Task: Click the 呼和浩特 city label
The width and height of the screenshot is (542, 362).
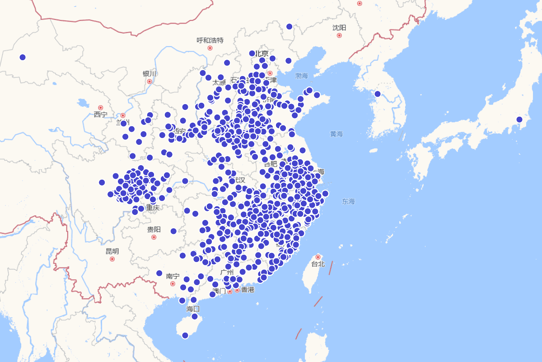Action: (210, 40)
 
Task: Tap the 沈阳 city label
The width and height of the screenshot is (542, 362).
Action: (339, 28)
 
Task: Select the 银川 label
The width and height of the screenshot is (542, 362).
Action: (149, 74)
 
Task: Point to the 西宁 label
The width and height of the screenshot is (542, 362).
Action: (101, 114)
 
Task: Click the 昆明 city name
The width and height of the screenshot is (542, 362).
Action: (112, 251)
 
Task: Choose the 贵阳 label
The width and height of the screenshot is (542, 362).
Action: (154, 229)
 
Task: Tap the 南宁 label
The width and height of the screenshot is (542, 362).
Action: (173, 276)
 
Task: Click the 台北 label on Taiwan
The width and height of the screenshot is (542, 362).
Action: (318, 264)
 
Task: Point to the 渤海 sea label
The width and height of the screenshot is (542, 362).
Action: (301, 75)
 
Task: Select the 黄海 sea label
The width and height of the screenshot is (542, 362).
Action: (336, 134)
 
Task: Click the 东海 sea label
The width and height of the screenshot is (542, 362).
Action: (348, 201)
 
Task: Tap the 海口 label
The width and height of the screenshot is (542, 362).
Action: (193, 309)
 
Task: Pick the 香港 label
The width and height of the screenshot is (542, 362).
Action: (248, 290)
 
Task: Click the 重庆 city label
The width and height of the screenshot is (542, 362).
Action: (153, 208)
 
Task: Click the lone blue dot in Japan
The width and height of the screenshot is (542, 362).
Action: (519, 119)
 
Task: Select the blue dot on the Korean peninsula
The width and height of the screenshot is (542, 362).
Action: (378, 94)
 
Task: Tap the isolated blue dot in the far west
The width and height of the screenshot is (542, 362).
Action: (23, 57)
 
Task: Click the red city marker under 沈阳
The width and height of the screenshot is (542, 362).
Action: (339, 35)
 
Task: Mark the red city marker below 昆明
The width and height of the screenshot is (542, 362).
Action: (112, 259)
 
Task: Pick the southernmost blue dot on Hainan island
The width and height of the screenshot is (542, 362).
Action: (185, 335)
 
